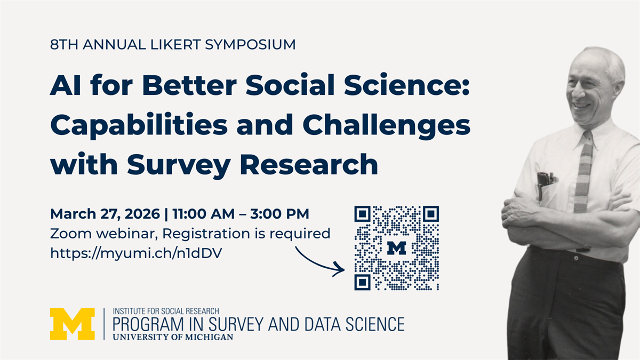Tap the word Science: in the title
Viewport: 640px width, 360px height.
point(406,85)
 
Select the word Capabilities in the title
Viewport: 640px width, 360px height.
point(139,126)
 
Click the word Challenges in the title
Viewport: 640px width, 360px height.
point(386,126)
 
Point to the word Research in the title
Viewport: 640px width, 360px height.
point(309,165)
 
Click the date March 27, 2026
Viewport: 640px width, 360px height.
point(105,214)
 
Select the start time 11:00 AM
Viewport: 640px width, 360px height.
point(203,214)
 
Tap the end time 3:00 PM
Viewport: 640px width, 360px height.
point(279,214)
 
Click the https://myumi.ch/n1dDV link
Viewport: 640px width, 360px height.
point(136,253)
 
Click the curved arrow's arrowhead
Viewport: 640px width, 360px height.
point(340,269)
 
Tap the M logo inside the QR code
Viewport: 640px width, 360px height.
point(397,248)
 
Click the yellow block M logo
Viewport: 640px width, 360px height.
point(73,324)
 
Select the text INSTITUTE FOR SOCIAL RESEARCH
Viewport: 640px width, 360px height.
point(166,311)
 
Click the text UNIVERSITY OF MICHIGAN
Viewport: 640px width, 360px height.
point(173,337)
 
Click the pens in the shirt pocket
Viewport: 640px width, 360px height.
point(545,183)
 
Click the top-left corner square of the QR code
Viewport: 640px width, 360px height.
point(362,214)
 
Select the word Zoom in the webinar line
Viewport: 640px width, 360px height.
point(71,234)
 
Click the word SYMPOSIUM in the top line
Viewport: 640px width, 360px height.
point(250,45)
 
